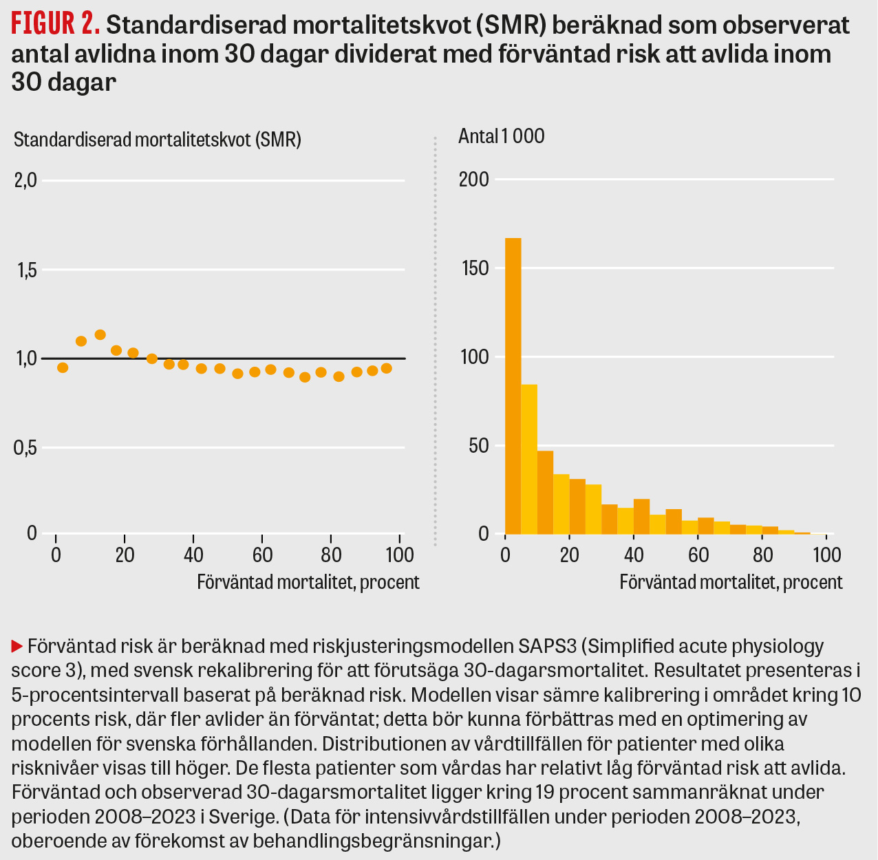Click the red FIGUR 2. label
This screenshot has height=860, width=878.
(x=56, y=25)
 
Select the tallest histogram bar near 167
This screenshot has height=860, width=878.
(x=513, y=385)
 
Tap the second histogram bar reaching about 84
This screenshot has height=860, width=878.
(x=529, y=459)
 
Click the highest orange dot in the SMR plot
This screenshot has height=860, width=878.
(x=100, y=335)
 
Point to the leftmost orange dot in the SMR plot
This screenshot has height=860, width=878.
(x=63, y=367)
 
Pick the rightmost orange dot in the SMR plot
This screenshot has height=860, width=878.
(x=386, y=368)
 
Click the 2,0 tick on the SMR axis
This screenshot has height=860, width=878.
(x=25, y=181)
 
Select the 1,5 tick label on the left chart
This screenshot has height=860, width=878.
(x=25, y=270)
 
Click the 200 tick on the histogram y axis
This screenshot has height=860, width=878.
(x=473, y=180)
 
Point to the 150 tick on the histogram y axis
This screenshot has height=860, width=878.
(x=473, y=268)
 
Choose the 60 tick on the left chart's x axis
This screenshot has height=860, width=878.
(x=262, y=555)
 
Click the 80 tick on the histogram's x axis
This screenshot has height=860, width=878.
(x=762, y=555)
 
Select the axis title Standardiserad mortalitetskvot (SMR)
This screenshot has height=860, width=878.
(x=158, y=140)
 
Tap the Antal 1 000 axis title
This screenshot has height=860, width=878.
(x=501, y=136)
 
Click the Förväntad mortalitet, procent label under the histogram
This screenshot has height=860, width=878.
(x=731, y=582)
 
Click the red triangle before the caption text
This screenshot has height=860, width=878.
(x=17, y=647)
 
